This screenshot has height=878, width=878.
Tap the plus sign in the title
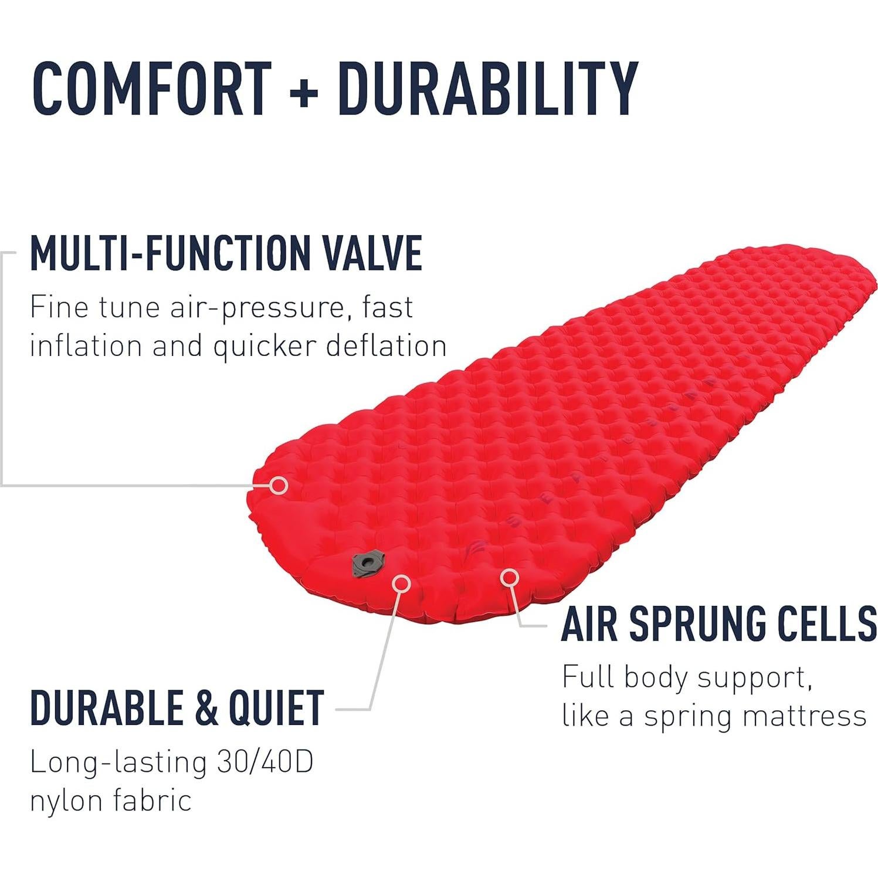pos(304,91)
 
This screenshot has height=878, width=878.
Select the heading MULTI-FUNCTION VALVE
pos(226,253)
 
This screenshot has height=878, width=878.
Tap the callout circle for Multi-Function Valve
pos(280,485)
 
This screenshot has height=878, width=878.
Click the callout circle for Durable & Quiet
pos(401,582)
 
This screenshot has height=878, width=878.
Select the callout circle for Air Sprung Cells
pos(510,578)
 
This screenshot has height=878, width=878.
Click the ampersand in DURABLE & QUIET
pos(205,708)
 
